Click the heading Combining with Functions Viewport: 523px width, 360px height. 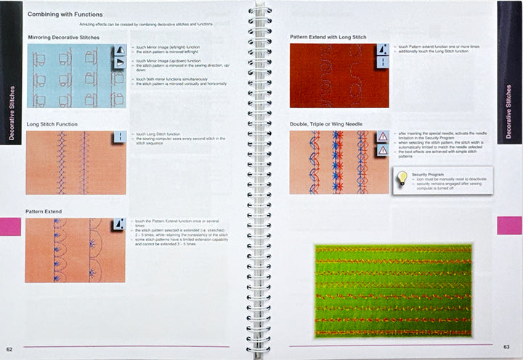tap(64, 14)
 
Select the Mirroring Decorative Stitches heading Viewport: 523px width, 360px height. tap(63, 37)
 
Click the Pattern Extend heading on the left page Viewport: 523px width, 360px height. tap(44, 211)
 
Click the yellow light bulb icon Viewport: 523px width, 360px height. tap(400, 177)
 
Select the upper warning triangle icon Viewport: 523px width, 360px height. tap(383, 137)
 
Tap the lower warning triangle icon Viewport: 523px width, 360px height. tap(383, 150)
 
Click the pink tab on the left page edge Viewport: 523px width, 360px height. tap(10, 226)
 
